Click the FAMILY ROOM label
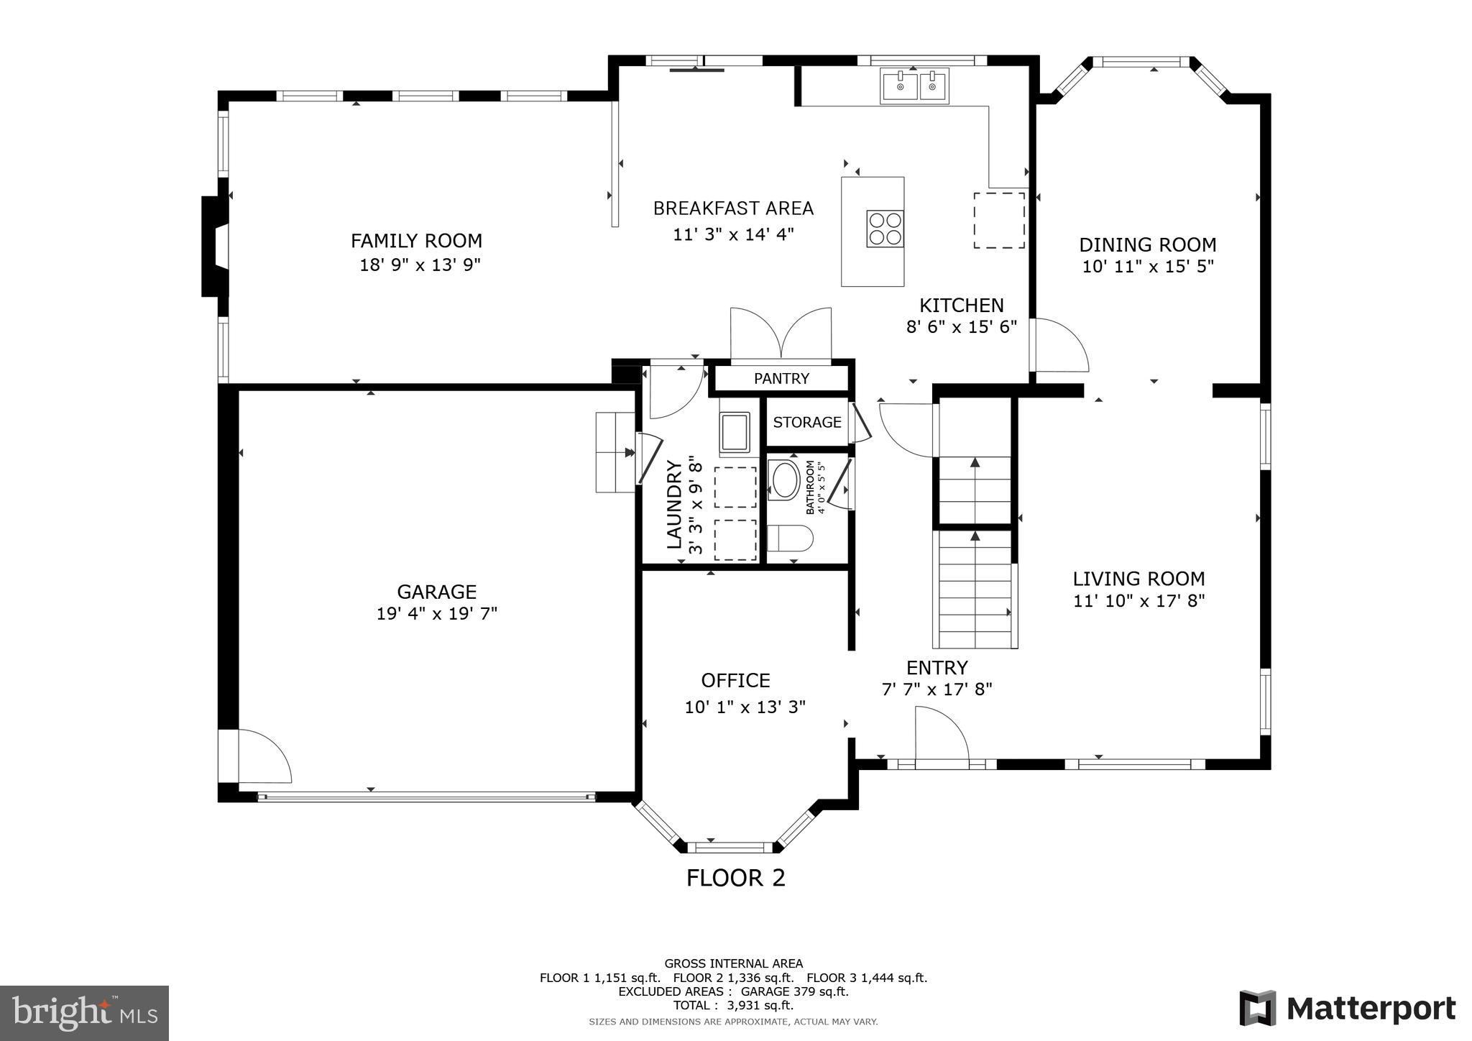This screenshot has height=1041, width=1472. (x=416, y=240)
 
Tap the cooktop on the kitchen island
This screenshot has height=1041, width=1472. (x=885, y=229)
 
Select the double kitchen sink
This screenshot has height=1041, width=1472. (x=915, y=85)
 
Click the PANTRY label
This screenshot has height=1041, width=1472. (x=781, y=379)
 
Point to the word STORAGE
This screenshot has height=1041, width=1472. (x=806, y=422)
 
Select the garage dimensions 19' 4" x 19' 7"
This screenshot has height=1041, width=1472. (x=437, y=614)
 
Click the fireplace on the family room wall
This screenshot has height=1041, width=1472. (x=214, y=247)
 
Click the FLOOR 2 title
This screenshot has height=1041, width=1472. (x=735, y=878)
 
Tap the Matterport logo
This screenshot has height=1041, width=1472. (x=1348, y=1009)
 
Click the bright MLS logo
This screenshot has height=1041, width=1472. (x=84, y=1013)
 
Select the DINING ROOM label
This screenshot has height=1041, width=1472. (x=1147, y=244)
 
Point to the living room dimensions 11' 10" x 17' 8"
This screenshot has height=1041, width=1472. (x=1138, y=601)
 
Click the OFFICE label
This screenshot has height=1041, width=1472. (x=735, y=680)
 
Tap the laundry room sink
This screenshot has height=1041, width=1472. (x=734, y=431)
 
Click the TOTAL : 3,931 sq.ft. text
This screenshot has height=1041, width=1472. (x=733, y=1005)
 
